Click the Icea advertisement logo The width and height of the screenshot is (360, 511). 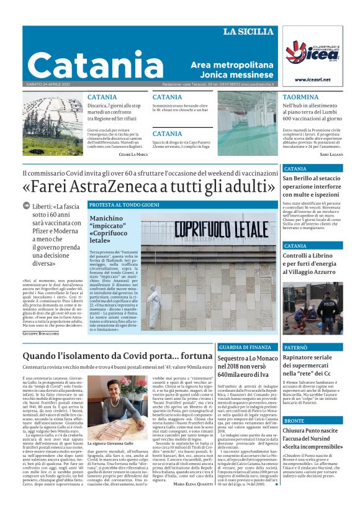pyautogui.click(x=312, y=54)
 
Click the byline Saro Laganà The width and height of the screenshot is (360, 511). pyautogui.click(x=332, y=153)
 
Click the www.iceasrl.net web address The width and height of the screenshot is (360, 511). pyautogui.click(x=312, y=79)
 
